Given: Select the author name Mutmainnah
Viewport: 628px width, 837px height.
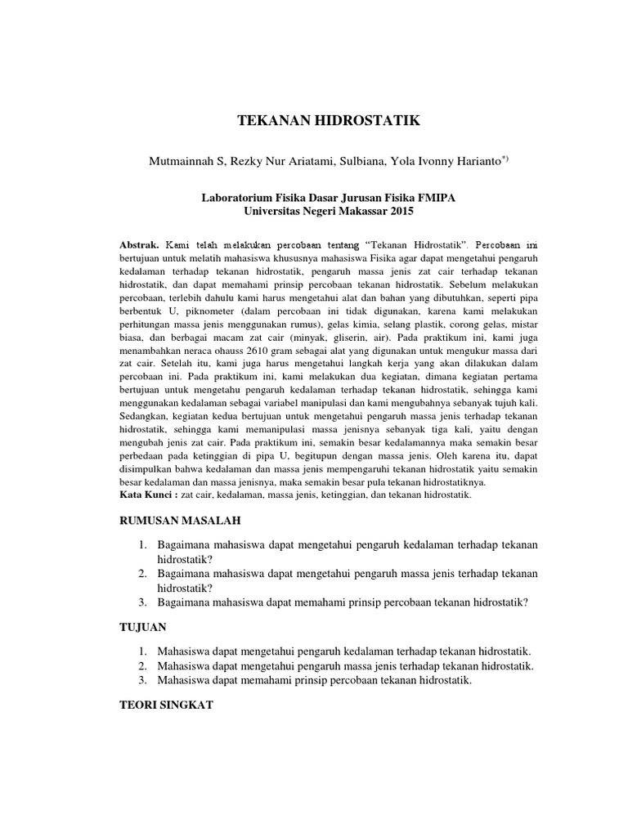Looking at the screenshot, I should point(177,161).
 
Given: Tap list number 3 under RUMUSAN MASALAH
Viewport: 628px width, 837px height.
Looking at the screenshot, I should point(142,602).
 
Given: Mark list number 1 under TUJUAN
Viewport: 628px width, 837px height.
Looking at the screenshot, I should point(142,651).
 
